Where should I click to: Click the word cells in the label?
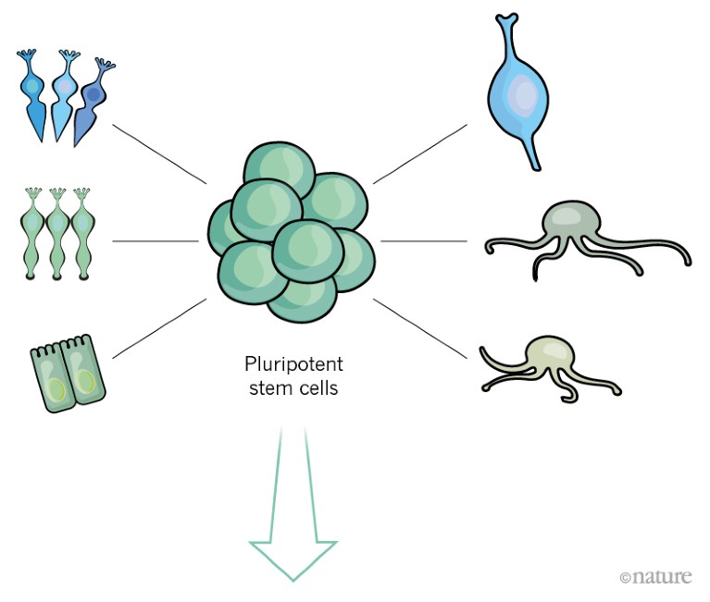pos(316,387)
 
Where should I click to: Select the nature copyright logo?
pos(655,576)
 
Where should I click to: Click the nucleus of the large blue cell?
pos(525,95)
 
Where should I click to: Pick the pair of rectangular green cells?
pos(69,375)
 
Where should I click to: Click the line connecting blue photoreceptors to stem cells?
pos(158,153)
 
